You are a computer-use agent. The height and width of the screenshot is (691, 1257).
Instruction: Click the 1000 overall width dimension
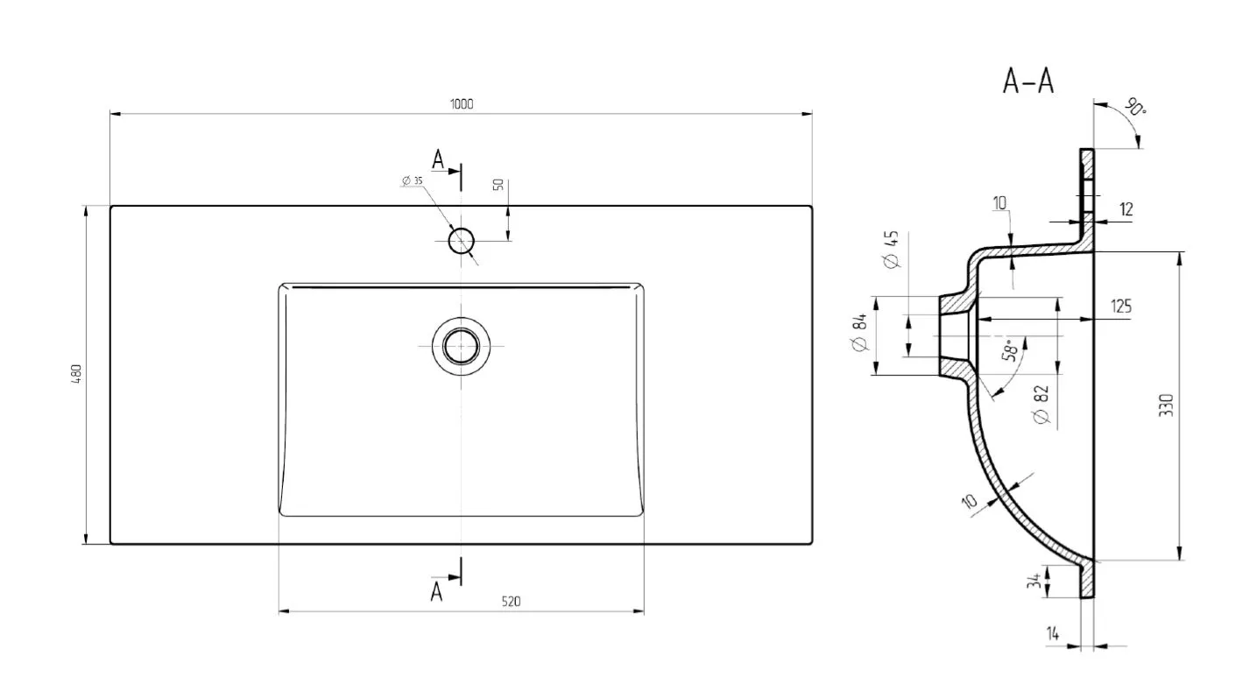pos(462,104)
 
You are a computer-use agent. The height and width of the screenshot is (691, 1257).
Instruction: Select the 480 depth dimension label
pos(76,374)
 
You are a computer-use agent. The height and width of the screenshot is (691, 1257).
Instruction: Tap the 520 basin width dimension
pos(511,602)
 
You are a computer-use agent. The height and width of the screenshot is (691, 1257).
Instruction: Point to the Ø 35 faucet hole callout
pos(413,180)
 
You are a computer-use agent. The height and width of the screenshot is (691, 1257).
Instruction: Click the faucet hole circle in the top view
pos(462,241)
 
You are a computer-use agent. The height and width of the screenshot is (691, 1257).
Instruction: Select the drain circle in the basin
pos(462,346)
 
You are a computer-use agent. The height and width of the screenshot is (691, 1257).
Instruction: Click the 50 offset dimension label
pos(498,185)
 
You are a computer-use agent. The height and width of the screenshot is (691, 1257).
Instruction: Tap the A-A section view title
pos(1028,82)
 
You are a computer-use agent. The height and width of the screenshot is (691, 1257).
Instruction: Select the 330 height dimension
pos(1166,405)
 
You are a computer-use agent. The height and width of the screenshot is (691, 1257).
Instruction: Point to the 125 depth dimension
pos(1121,307)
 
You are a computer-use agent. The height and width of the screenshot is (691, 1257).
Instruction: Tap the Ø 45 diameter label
pos(891,250)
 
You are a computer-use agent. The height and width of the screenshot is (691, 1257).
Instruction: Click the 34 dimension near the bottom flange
pos(1034,581)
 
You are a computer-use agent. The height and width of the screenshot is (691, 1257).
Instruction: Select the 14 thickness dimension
pos(1053,634)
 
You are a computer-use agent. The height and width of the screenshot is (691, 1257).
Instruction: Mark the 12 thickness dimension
pos(1126,210)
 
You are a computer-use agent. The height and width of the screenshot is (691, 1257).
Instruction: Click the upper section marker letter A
pos(438,160)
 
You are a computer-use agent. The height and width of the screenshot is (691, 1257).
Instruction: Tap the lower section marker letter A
pos(436,592)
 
